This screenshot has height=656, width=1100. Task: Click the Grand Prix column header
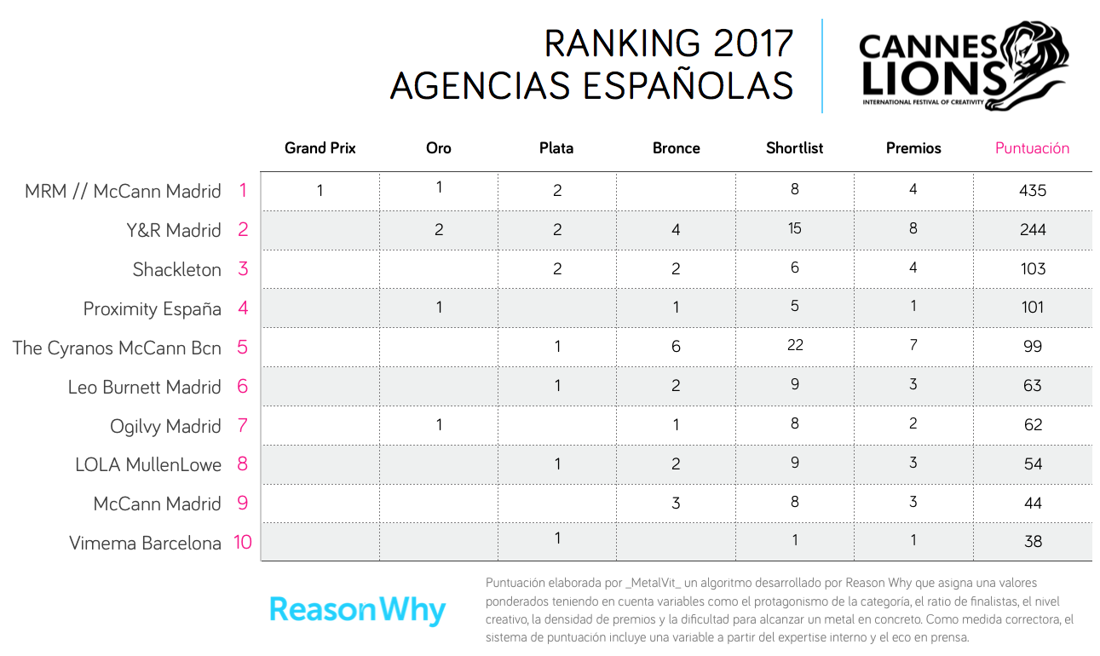coord(320,148)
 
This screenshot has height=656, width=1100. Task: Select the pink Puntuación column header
coord(1032,148)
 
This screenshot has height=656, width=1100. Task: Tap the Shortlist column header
coord(794,148)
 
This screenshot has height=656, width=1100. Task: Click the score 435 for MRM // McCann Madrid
coord(1033,191)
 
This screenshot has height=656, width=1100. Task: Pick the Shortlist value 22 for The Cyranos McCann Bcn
coord(795,345)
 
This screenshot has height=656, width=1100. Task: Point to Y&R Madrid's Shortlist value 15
coord(795,229)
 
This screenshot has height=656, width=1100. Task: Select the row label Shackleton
coord(177,270)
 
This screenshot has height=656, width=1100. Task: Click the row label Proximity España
coord(153,309)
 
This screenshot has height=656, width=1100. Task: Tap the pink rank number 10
coord(243,542)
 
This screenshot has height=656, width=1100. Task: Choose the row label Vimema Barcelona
coord(145,544)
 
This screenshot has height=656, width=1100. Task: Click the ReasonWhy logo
coord(358,610)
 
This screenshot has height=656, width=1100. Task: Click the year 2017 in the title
coord(750,44)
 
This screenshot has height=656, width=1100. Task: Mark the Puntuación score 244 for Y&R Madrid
coord(1033,229)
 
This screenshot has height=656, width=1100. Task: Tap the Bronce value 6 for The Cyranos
coord(676,347)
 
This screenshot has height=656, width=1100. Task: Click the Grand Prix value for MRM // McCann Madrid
coord(320,191)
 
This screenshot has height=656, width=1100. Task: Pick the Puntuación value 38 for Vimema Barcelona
coord(1033,542)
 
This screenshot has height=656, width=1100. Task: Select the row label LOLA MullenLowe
coord(148,465)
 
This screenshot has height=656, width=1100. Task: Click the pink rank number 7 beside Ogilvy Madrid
coord(243,426)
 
